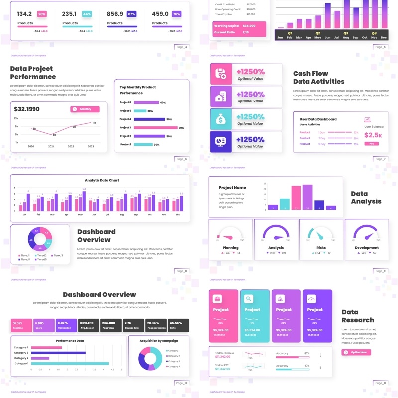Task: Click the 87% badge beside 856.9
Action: tap(131, 14)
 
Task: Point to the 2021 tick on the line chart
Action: tap(51, 146)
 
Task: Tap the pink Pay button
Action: tap(371, 143)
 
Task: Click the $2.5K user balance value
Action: tap(373, 135)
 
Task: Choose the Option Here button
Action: tap(356, 352)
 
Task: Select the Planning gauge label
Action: tap(230, 247)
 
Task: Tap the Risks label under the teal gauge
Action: tap(321, 247)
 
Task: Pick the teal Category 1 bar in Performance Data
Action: tap(70, 364)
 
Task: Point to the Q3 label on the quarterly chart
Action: tap(346, 33)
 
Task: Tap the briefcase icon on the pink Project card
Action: tap(217, 299)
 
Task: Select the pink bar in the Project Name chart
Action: tap(296, 198)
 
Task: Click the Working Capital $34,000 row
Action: tap(239, 25)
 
